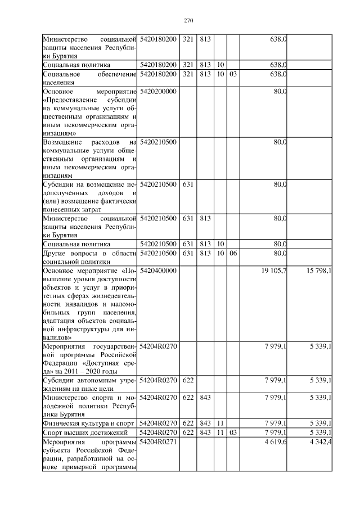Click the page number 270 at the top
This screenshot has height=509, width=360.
click(188, 21)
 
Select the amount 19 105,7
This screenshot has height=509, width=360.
click(274, 271)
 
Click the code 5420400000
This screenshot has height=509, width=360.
click(158, 271)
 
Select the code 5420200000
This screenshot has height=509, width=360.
click(158, 91)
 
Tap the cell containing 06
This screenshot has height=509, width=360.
click(233, 253)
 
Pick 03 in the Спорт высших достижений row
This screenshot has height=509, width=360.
click(233, 432)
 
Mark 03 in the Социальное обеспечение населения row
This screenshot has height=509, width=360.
click(233, 74)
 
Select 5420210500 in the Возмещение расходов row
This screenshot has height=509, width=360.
click(158, 142)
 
